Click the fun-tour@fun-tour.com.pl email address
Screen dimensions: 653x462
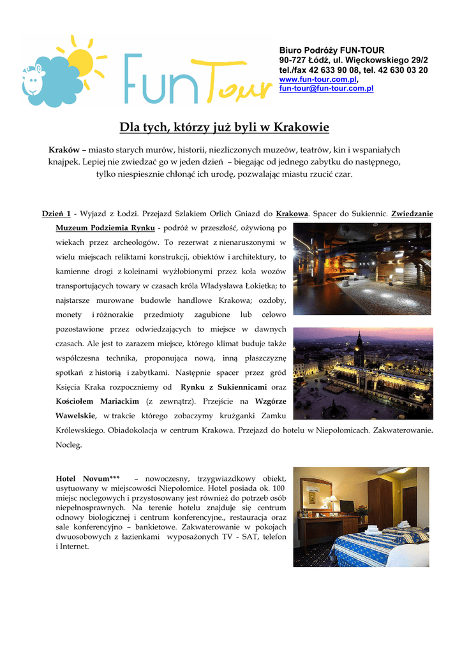pyautogui.click(x=326, y=88)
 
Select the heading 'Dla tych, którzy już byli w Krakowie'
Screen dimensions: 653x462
pyautogui.click(x=225, y=128)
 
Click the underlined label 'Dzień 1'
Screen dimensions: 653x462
pyautogui.click(x=56, y=214)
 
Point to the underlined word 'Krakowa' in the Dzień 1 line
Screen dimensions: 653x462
pyautogui.click(x=292, y=214)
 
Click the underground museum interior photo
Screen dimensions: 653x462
pyautogui.click(x=362, y=268)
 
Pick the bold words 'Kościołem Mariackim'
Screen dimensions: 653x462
pyautogui.click(x=98, y=401)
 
